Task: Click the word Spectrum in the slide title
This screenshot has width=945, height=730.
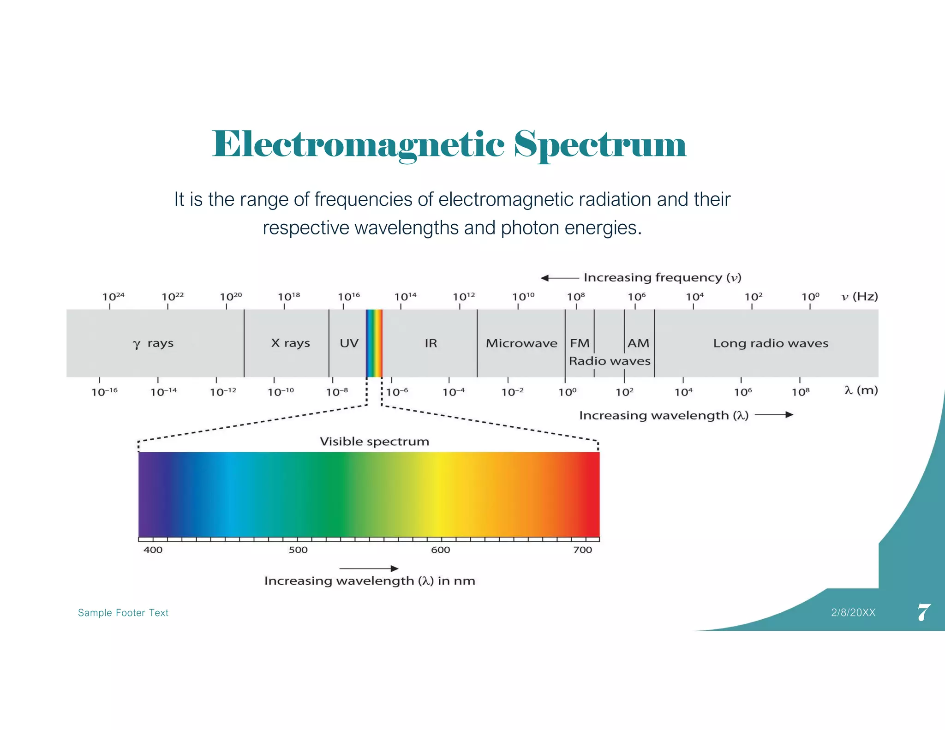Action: coord(600,145)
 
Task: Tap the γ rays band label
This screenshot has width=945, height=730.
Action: coord(153,344)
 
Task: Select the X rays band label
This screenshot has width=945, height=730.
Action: coord(290,343)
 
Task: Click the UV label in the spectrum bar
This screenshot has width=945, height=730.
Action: coord(349,343)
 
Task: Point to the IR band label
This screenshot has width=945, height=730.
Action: coord(431,343)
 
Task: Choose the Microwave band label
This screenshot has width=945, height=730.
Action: coord(521,343)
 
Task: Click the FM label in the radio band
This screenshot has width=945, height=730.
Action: coord(580,343)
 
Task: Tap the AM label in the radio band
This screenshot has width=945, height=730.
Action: coord(639,343)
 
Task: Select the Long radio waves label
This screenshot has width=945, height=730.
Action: coord(771,343)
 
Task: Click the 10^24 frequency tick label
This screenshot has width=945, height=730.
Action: coord(113,296)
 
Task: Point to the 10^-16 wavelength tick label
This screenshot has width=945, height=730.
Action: coord(105,392)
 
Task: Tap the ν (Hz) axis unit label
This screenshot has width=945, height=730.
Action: coord(860,296)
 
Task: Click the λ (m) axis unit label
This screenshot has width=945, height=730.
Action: coord(861,390)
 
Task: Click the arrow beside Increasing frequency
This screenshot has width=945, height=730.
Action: coord(559,278)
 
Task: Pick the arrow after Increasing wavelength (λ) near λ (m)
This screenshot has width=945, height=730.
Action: coord(774,415)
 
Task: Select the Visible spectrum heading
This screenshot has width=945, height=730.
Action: coord(374,442)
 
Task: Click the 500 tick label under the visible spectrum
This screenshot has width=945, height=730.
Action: coord(298,550)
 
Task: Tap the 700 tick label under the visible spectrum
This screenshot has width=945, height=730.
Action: coord(582,550)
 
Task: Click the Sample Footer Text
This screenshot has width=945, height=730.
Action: coord(123,613)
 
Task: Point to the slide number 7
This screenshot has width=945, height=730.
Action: coord(924,612)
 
